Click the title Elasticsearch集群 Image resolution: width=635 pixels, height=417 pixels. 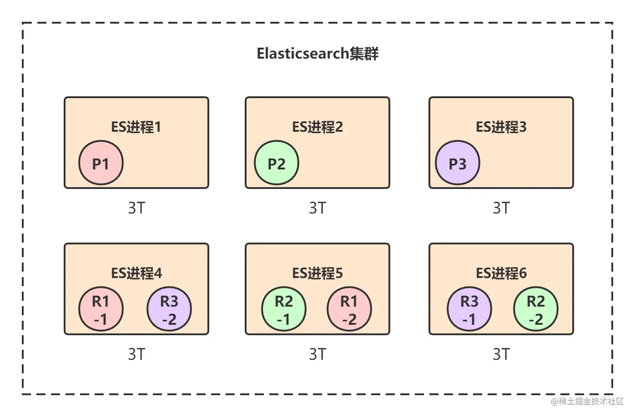[x=317, y=54]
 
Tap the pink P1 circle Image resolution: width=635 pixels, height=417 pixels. [x=101, y=163]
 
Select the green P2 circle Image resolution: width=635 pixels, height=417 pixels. [x=276, y=163]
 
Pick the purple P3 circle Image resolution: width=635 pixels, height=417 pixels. [x=457, y=163]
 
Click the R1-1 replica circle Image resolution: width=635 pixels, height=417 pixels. [x=101, y=310]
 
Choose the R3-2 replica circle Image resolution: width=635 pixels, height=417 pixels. [x=169, y=310]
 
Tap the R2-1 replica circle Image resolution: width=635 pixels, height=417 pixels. [x=284, y=310]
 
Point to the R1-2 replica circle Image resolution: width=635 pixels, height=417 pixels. [x=349, y=310]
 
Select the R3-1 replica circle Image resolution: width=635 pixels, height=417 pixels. [x=469, y=310]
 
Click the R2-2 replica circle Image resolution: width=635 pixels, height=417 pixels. [x=536, y=310]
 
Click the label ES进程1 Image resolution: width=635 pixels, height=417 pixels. [x=136, y=127]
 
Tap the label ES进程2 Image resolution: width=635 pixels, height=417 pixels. [x=317, y=127]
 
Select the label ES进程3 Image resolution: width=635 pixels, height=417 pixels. [x=501, y=127]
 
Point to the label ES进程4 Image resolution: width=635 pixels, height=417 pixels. [x=136, y=273]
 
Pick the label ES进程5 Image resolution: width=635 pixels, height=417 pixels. [x=317, y=273]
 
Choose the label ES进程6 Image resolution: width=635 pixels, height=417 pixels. [x=501, y=273]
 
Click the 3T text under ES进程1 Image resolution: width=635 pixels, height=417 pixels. [x=136, y=208]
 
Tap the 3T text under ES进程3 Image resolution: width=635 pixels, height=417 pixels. [x=501, y=208]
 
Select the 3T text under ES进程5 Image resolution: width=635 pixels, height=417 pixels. [x=317, y=354]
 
